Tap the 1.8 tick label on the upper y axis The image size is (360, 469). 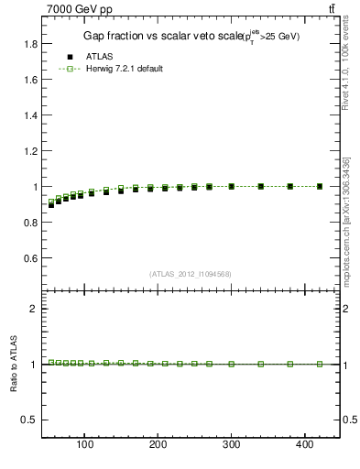coord(30,44)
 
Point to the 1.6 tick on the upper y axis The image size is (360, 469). coord(30,80)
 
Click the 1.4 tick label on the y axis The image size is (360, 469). coord(30,115)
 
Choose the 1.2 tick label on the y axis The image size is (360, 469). coord(30,151)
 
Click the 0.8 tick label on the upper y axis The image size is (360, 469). coord(30,223)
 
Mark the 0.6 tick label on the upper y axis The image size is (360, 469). coord(30,258)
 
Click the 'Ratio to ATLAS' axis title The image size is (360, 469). coord(14,364)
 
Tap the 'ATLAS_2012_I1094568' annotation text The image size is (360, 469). coord(191,273)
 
